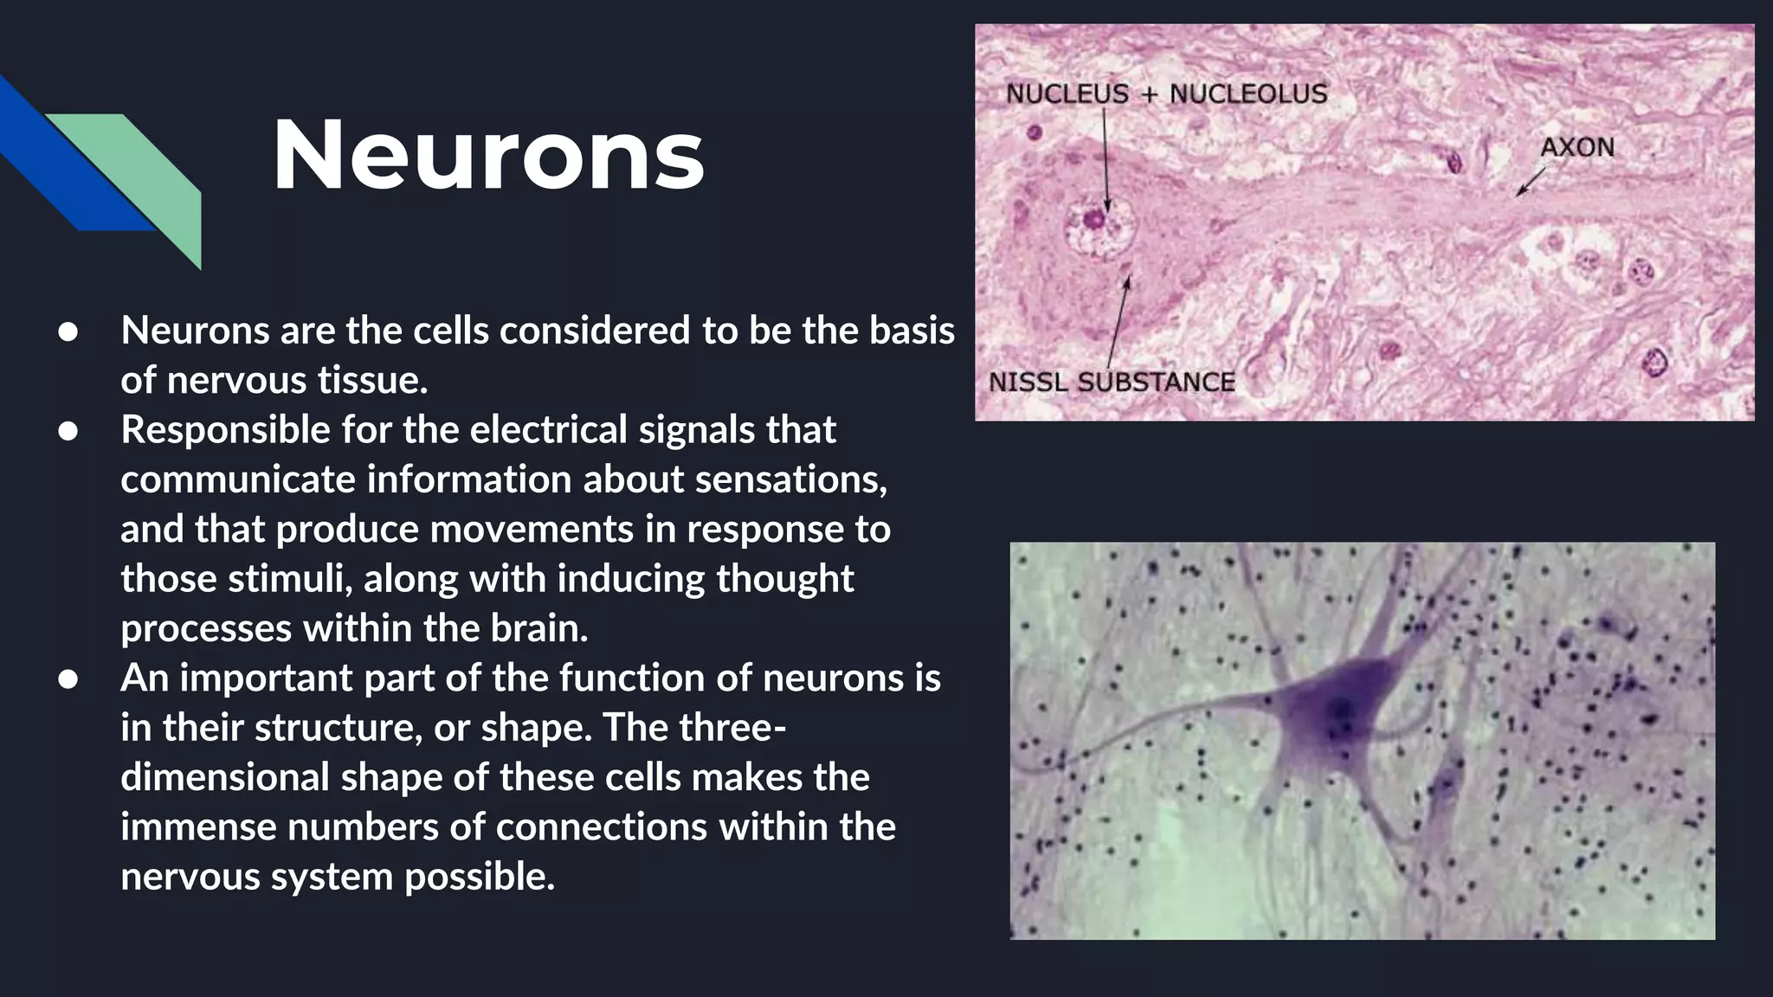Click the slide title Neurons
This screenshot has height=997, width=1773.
click(x=488, y=156)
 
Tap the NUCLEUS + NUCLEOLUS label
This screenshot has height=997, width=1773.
click(x=1165, y=93)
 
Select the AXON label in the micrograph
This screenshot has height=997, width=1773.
click(x=1576, y=147)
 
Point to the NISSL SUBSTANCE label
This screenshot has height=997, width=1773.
click(x=1112, y=382)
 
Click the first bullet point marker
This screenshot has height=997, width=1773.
click(x=68, y=331)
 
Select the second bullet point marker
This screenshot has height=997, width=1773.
click(x=68, y=430)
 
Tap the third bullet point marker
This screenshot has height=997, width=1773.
click(x=68, y=679)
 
